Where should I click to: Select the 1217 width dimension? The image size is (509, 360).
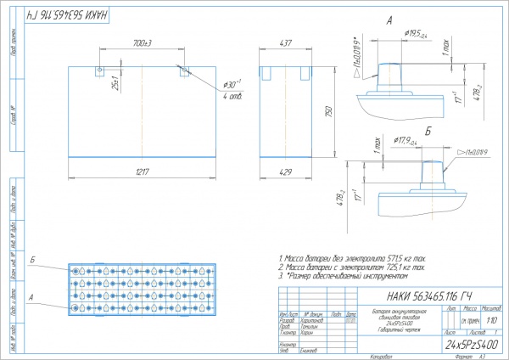[x=141, y=172]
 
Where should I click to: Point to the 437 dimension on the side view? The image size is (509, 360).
[x=286, y=42]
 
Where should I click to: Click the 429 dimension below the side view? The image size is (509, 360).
[x=286, y=172]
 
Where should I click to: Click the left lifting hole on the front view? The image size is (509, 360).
[x=100, y=70]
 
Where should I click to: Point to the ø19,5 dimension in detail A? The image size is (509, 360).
[x=416, y=33]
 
